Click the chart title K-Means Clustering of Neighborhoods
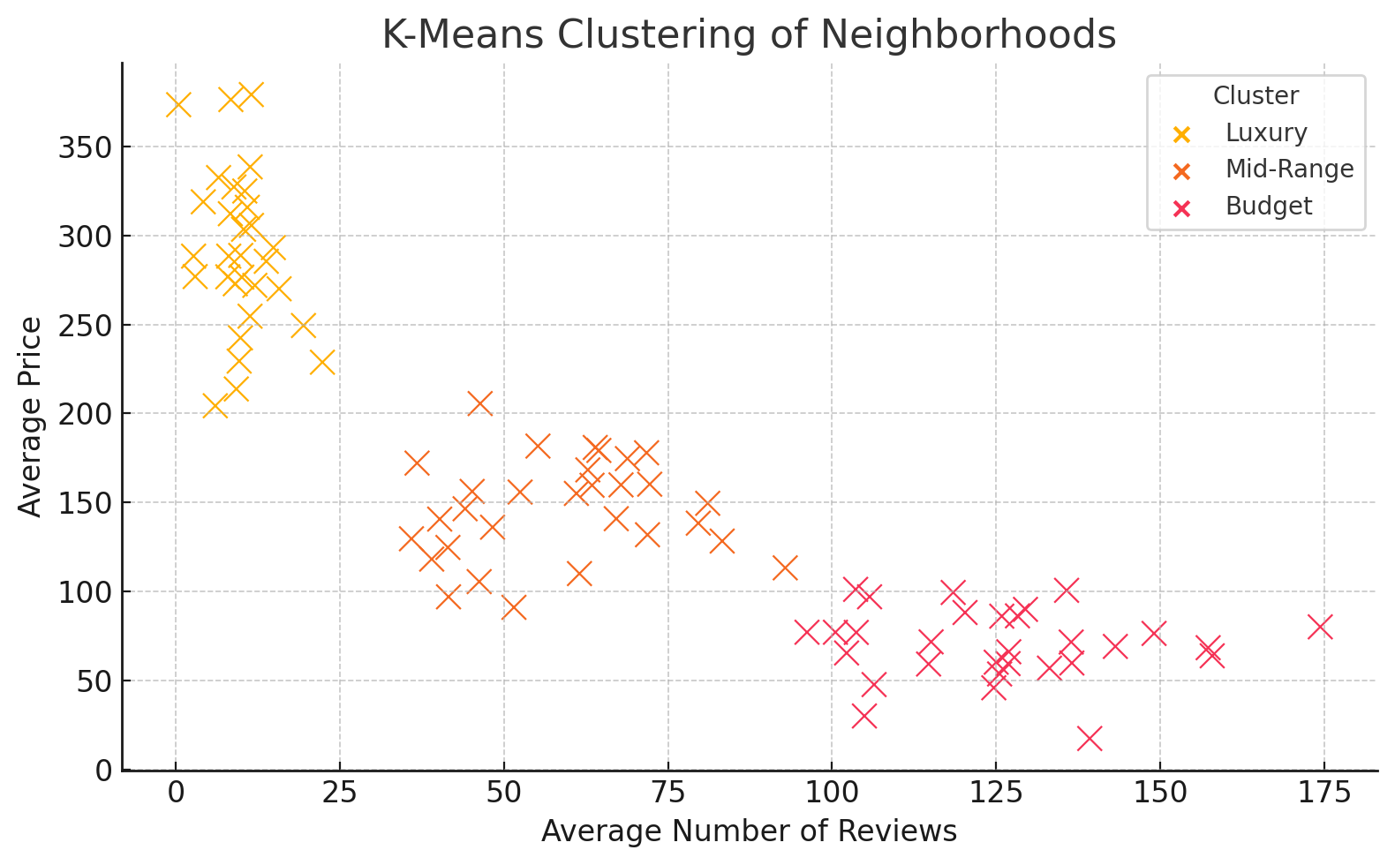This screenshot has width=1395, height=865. pos(749,35)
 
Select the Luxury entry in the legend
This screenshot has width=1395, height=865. pos(1265,133)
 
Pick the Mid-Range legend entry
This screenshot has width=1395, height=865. pos(1288,169)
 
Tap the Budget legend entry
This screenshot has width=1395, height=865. pos(1268,207)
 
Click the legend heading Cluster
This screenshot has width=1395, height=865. pos(1255,96)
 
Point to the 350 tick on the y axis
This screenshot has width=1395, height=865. pos(85,147)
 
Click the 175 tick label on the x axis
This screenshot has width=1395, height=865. pos(1323,794)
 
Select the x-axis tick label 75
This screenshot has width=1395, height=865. pos(667,794)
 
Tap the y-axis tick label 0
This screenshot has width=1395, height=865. pos(103,771)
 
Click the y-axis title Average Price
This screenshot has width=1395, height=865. pos(31,417)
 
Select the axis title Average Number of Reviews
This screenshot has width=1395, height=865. pos(749,831)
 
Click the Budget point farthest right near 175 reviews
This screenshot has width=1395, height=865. pos(1320,627)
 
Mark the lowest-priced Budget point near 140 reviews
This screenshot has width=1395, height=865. pos(1090,739)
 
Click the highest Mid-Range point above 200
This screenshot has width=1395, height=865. pos(479,403)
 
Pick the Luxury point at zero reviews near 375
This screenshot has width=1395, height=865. pos(177,105)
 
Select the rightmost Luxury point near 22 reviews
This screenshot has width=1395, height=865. pos(322,362)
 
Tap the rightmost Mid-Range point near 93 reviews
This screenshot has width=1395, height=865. pos(785,568)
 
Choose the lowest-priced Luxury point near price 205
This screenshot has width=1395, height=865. pos(215,406)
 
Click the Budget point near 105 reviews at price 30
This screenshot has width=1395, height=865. pos(864,716)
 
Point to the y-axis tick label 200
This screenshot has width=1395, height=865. pos(85,414)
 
